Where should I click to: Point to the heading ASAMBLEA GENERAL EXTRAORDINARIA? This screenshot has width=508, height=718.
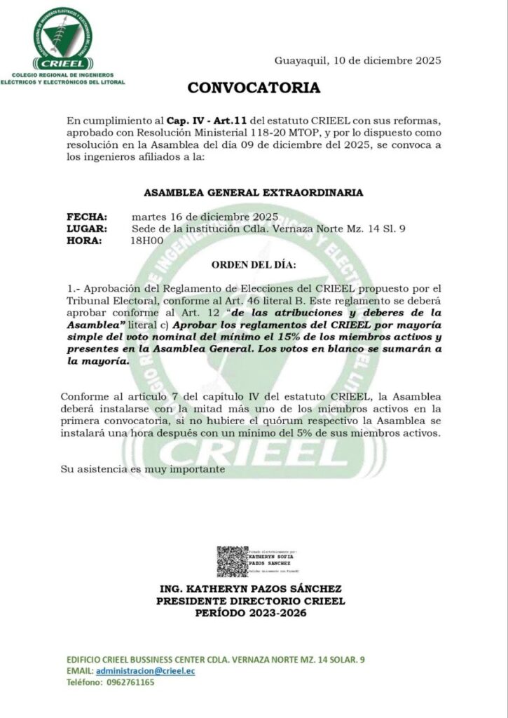pyautogui.click(x=254, y=191)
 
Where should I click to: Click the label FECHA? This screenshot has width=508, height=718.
pyautogui.click(x=87, y=216)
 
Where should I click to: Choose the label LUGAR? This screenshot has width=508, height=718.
pyautogui.click(x=87, y=228)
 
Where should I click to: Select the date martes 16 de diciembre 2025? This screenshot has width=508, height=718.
pyautogui.click(x=205, y=216)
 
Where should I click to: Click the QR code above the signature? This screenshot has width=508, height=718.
pyautogui.click(x=232, y=561)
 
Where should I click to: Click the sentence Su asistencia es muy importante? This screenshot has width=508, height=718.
pyautogui.click(x=143, y=468)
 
